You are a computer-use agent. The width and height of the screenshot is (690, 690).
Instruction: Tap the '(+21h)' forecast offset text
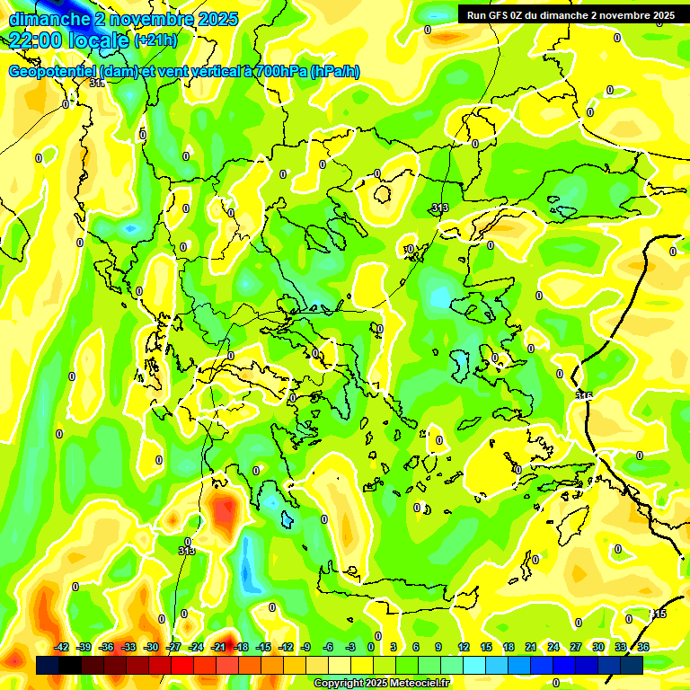click(155, 40)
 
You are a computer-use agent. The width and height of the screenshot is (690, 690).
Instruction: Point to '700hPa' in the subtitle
click(276, 72)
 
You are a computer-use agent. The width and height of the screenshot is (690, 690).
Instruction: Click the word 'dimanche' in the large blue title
click(49, 18)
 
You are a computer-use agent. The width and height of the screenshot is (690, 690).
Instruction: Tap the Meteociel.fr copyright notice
click(381, 684)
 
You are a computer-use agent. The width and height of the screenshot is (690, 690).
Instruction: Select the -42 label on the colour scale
click(62, 647)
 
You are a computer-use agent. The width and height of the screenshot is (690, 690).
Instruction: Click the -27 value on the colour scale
click(174, 647)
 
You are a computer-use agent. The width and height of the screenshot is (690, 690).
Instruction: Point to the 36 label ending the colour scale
click(643, 647)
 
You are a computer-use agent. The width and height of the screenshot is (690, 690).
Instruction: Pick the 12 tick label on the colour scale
click(464, 647)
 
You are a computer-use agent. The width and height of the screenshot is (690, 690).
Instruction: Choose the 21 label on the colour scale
click(531, 647)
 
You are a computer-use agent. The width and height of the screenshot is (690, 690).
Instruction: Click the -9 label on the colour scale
click(305, 647)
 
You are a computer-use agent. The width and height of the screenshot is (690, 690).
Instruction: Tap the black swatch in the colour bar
click(70, 665)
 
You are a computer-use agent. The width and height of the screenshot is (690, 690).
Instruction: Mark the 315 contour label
click(584, 395)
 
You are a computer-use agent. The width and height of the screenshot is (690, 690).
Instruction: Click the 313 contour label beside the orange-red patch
click(187, 551)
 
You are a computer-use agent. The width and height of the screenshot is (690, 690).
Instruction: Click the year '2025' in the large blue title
click(217, 18)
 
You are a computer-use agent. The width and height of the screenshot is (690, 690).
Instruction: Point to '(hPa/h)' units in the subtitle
click(334, 72)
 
